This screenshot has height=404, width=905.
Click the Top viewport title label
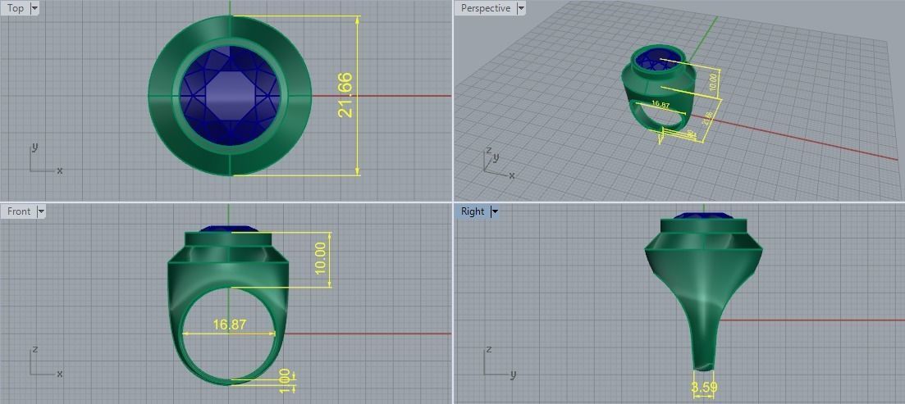16,8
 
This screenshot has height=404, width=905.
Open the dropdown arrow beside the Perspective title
520,8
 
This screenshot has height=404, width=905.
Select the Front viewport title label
19,211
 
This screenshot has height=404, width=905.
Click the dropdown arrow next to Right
495,211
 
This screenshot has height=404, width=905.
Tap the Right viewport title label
473,211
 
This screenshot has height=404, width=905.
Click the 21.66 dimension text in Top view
345,95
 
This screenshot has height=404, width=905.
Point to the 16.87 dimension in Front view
230,325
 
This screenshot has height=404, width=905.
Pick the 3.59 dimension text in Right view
704,387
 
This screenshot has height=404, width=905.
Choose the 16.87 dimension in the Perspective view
660,105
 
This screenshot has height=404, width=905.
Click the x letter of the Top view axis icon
60,170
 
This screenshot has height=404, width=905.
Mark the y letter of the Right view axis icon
513,374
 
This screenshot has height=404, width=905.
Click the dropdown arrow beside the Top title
34,8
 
